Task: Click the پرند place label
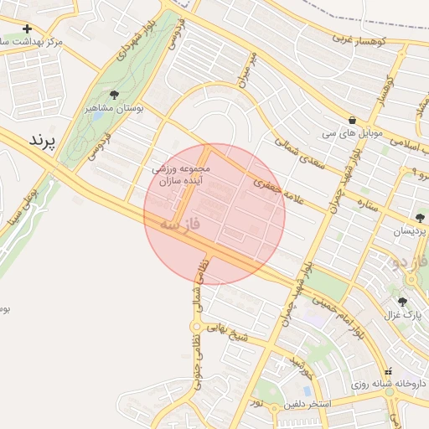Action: pyautogui.click(x=41, y=140)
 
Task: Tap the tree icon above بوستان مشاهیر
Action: pyautogui.click(x=114, y=95)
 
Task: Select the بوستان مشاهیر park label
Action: pyautogui.click(x=116, y=109)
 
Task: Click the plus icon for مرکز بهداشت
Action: pyautogui.click(x=28, y=28)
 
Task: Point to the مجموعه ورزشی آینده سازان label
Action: pyautogui.click(x=186, y=174)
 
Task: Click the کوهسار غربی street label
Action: pyautogui.click(x=358, y=39)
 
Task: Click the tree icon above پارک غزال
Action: pyautogui.click(x=402, y=301)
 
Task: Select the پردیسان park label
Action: pyautogui.click(x=410, y=230)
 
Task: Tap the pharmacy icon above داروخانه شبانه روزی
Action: pyautogui.click(x=386, y=371)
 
